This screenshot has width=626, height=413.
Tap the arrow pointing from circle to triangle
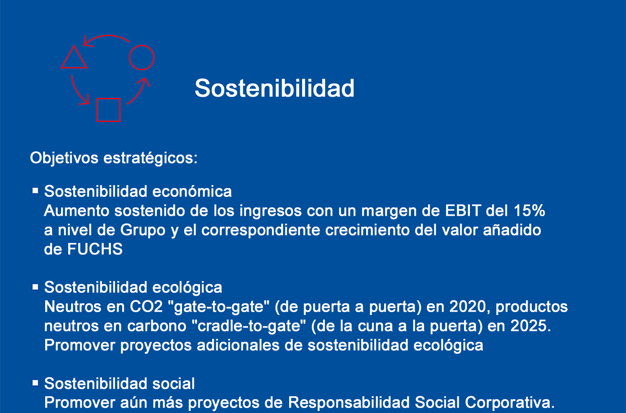(x=108, y=36)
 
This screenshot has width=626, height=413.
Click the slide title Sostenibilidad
(x=275, y=88)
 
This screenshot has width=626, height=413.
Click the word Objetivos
(x=64, y=158)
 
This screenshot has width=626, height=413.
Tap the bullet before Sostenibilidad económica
(x=35, y=191)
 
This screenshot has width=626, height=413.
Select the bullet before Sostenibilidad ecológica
(x=35, y=287)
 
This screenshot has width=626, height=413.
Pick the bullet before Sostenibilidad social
(x=35, y=383)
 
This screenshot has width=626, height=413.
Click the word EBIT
(x=463, y=210)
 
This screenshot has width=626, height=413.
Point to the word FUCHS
(x=95, y=249)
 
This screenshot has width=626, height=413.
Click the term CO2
(x=146, y=307)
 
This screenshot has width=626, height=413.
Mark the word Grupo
(x=143, y=230)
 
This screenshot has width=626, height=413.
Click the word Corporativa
(x=510, y=403)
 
